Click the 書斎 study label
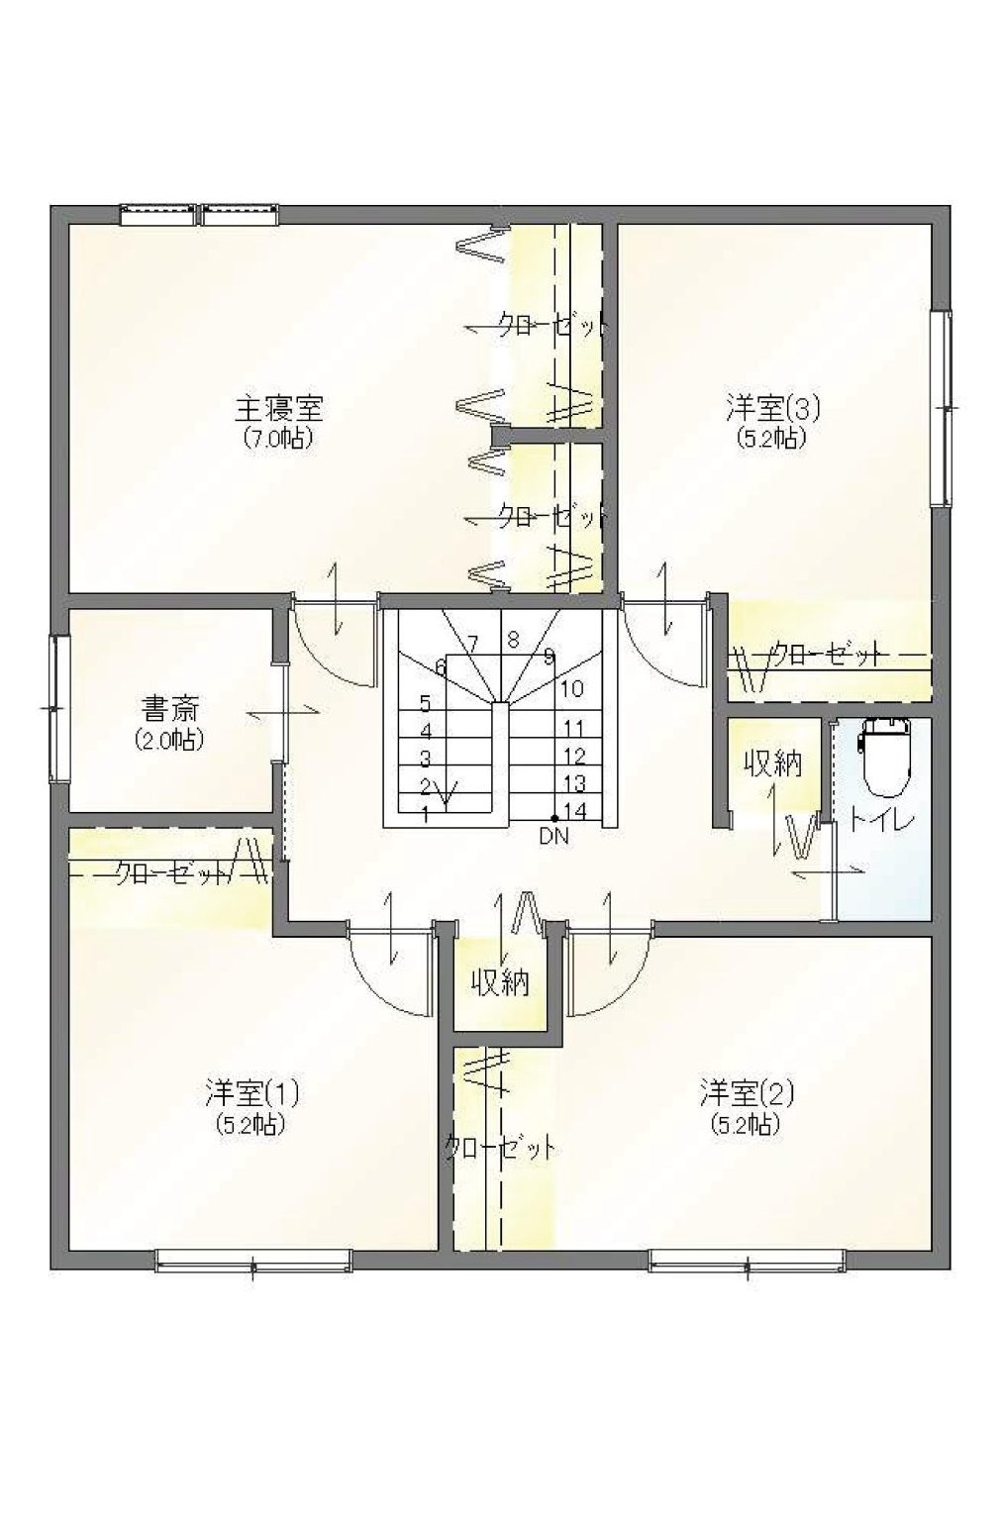170,710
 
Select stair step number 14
575,811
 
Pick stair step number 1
425,815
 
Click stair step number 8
513,640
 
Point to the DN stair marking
554,837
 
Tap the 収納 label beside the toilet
772,764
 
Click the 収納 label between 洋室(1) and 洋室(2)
500,982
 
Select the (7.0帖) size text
278,439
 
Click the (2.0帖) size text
170,740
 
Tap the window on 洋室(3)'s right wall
942,408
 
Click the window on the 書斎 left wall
59,709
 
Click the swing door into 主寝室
334,641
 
